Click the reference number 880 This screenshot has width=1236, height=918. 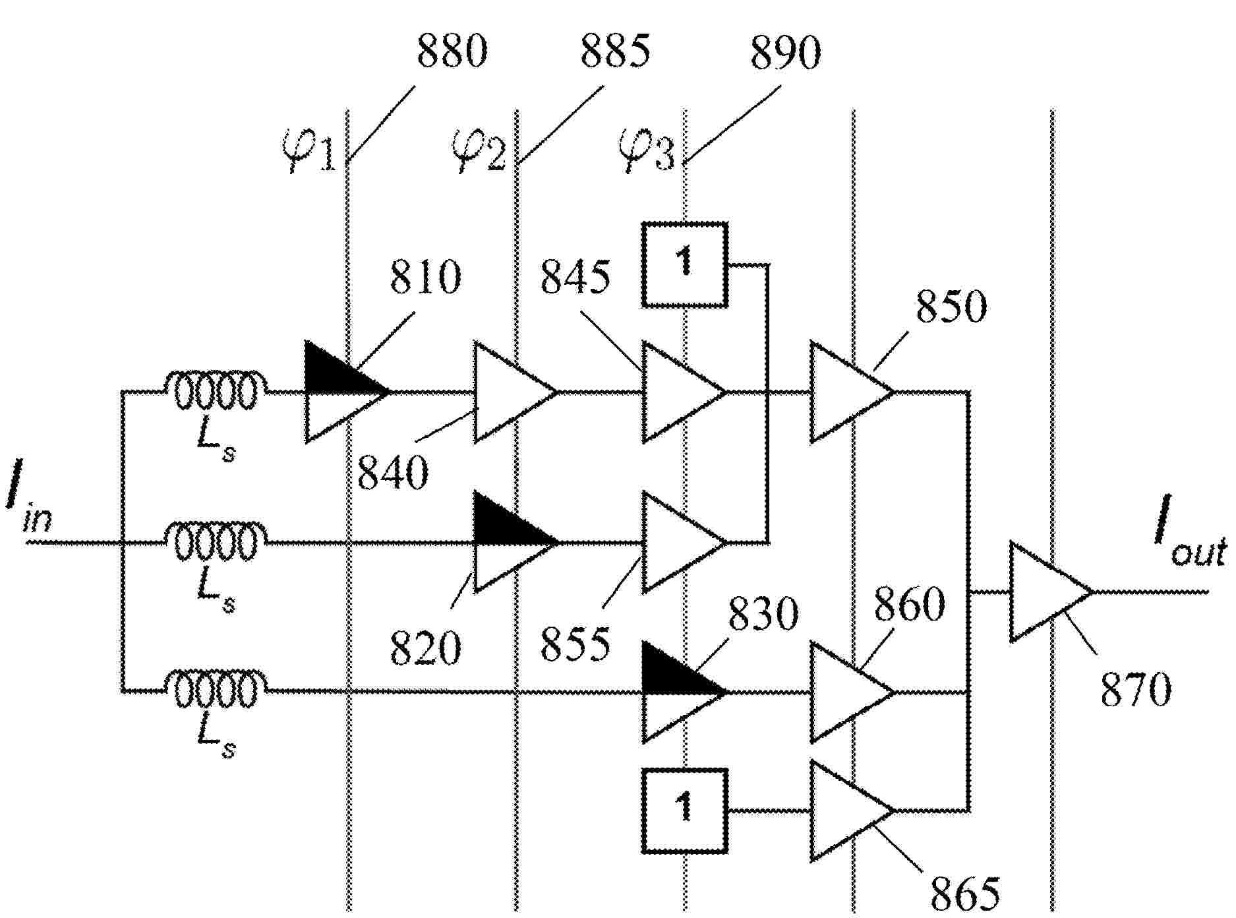click(452, 52)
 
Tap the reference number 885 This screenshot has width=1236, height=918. click(615, 52)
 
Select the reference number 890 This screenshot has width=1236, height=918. click(786, 52)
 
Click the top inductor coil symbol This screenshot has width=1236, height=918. click(216, 391)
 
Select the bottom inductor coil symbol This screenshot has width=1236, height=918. click(216, 690)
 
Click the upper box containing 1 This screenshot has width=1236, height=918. click(686, 264)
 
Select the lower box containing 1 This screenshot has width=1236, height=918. click(686, 810)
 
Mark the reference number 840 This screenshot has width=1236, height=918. click(394, 472)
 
